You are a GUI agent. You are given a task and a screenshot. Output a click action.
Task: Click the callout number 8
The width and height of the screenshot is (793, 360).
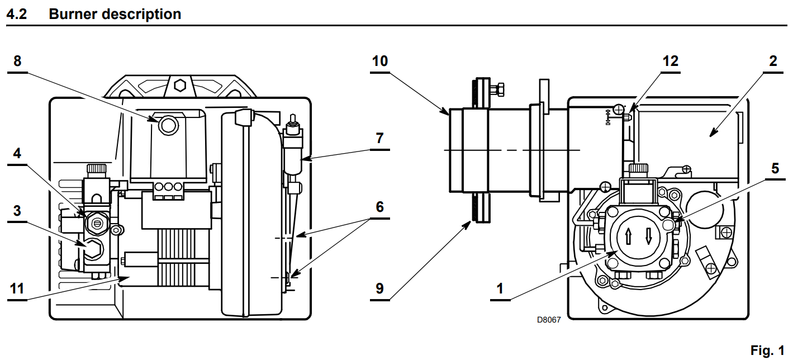[17, 61]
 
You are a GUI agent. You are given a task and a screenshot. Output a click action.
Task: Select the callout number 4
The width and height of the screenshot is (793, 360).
[17, 153]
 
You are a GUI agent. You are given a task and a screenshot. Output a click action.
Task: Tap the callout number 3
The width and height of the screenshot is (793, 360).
[17, 211]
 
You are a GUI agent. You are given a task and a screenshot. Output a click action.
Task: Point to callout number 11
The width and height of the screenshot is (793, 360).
[17, 289]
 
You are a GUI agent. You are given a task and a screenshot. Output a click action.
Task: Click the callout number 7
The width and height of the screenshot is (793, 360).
[379, 138]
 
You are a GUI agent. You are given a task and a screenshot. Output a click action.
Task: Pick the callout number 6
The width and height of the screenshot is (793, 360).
[379, 207]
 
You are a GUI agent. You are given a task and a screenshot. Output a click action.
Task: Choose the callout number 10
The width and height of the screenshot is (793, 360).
[380, 61]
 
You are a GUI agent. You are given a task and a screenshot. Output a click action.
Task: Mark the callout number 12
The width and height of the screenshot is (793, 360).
[670, 61]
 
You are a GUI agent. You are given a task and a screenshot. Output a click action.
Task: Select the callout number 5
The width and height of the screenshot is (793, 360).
[775, 168]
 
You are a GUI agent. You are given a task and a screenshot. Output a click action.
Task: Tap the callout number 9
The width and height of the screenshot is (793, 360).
[379, 289]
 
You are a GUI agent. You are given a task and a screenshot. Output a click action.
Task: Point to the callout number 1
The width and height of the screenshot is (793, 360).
[500, 289]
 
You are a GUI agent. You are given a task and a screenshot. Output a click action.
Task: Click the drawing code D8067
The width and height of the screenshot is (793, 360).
[549, 320]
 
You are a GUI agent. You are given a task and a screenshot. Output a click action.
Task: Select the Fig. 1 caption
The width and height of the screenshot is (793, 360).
[767, 350]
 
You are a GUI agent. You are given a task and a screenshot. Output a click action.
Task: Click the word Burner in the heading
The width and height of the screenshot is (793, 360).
[72, 14]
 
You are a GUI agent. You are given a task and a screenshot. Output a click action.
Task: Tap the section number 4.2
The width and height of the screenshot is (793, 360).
[17, 14]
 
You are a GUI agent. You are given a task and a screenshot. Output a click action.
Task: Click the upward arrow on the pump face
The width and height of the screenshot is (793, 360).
[628, 236]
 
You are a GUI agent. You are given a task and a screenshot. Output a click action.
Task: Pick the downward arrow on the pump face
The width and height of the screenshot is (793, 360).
[649, 236]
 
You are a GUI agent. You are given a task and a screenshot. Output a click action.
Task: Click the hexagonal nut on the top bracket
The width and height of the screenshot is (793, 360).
[180, 86]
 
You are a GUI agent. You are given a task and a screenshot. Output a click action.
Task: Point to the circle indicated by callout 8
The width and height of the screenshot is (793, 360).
[168, 125]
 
